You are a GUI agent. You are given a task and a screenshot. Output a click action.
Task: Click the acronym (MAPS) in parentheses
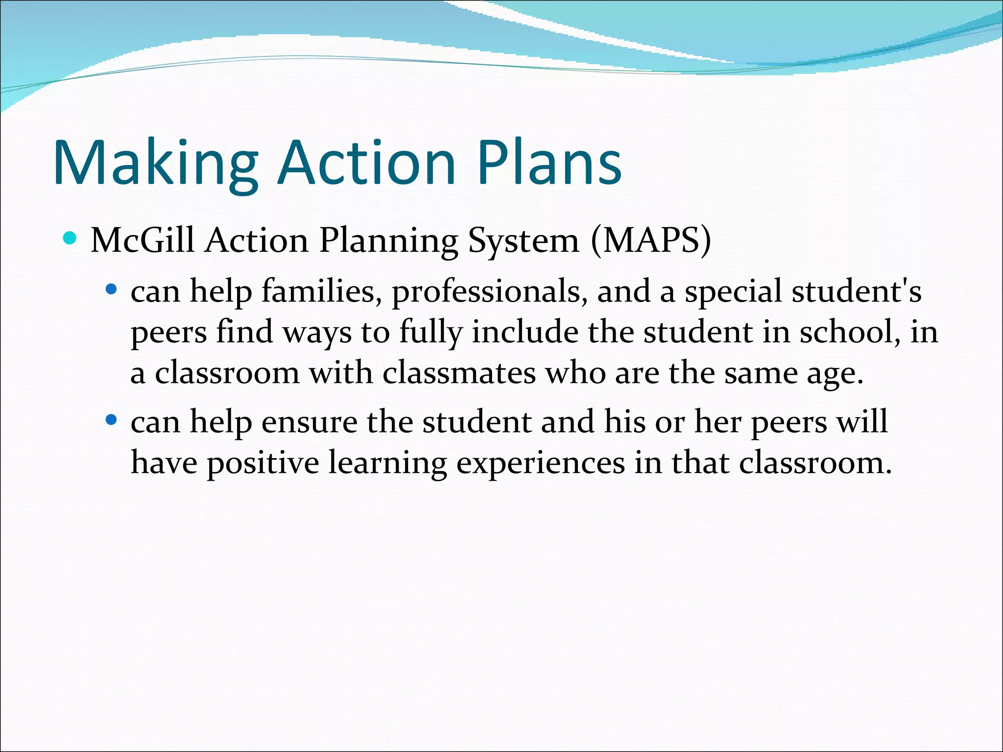tap(651, 240)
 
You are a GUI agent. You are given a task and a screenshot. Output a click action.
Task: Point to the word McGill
tap(143, 240)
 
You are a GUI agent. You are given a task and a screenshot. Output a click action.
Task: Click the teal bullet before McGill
tap(70, 239)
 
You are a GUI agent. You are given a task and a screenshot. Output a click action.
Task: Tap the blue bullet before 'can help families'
tap(112, 290)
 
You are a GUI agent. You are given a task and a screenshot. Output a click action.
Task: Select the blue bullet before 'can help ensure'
tap(112, 420)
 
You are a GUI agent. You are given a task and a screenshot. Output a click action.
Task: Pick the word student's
tap(857, 291)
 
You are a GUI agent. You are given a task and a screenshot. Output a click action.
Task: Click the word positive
tap(263, 463)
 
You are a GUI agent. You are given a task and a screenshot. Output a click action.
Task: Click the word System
tap(524, 241)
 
